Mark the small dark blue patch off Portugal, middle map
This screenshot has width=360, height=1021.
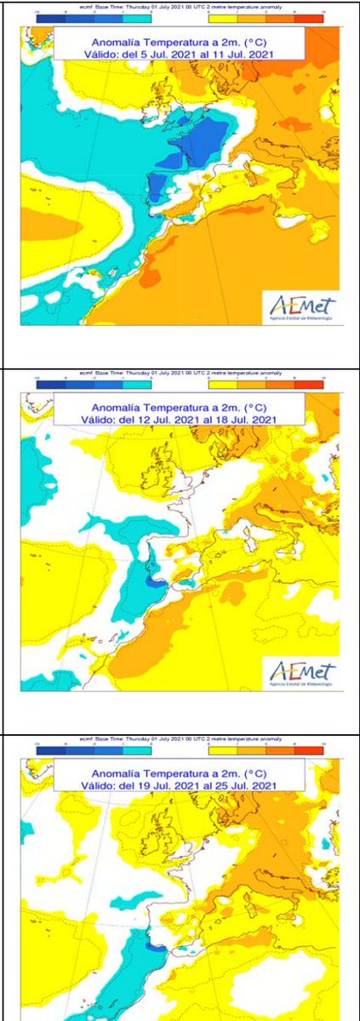156,581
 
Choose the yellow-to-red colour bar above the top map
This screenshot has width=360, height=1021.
266,17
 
